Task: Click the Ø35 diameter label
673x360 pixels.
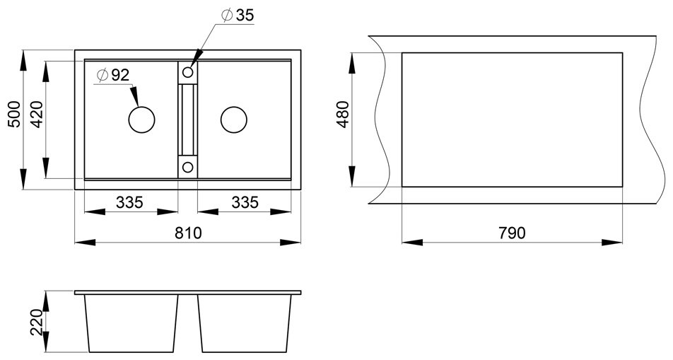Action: click(238, 15)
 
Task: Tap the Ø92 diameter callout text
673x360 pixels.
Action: click(113, 75)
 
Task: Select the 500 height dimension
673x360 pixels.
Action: click(14, 115)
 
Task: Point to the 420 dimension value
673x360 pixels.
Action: click(37, 115)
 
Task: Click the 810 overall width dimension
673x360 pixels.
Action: click(188, 233)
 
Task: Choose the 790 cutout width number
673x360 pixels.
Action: click(512, 233)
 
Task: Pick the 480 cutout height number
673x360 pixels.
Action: click(344, 115)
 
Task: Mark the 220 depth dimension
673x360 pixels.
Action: click(37, 323)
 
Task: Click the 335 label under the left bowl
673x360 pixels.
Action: click(129, 202)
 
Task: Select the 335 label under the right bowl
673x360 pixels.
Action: click(245, 202)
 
